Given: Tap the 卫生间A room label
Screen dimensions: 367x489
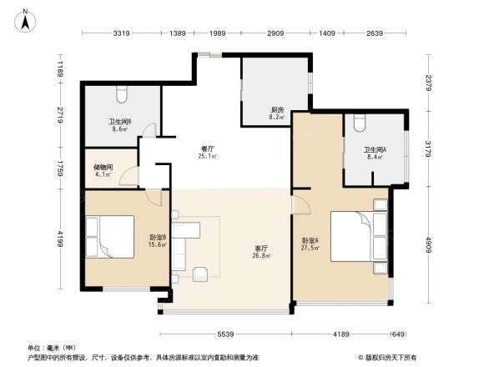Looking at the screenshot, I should point(371,152).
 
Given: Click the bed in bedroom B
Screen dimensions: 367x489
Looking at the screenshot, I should point(113,237).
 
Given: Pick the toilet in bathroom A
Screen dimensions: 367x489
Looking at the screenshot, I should point(360,122).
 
